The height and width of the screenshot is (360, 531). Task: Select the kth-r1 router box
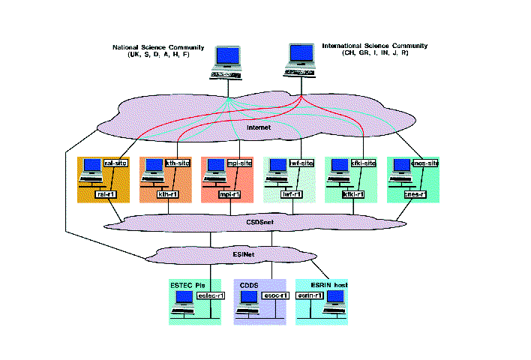coord(166,193)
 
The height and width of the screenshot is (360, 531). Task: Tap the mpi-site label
coord(239,163)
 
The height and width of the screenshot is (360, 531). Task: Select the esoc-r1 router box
coord(271,296)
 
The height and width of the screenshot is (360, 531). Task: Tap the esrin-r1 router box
coord(310,296)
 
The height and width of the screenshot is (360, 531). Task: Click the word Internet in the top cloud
coord(260,128)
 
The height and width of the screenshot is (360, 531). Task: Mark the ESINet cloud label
coord(247,256)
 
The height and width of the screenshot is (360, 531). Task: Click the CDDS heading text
coord(249,285)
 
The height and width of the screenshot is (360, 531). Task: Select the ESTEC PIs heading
coord(187,285)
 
